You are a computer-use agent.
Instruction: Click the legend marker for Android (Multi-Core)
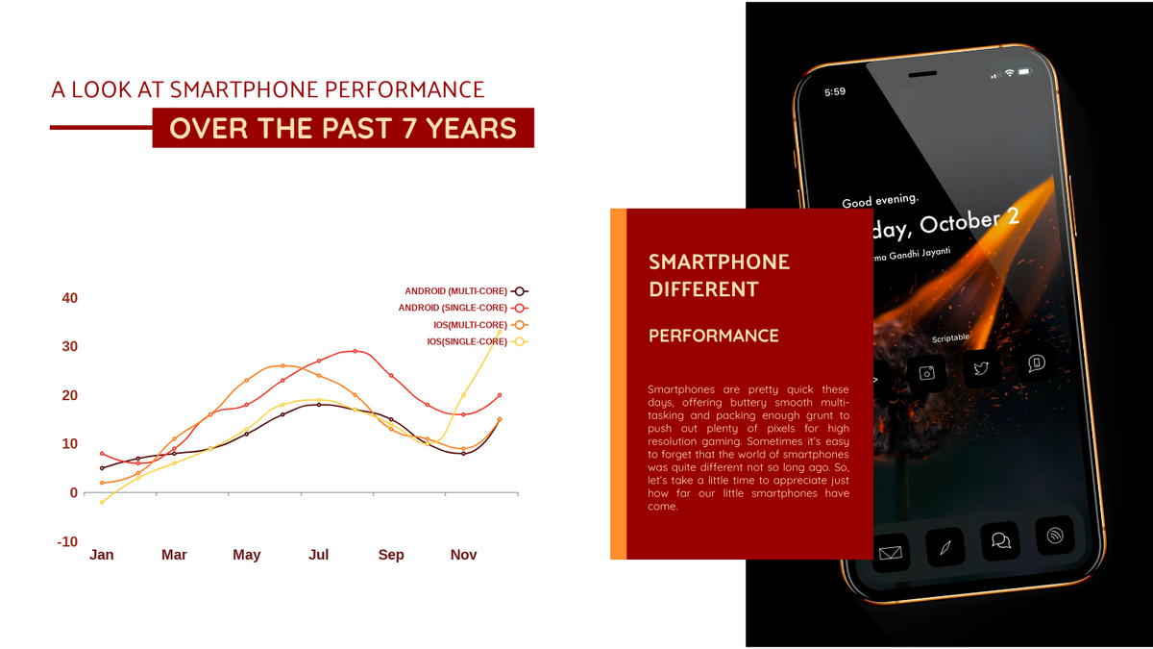[x=520, y=291]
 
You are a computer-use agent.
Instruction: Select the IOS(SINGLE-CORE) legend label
[x=467, y=341]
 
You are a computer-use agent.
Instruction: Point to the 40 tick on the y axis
[x=69, y=298]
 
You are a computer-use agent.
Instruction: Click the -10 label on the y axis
[x=67, y=541]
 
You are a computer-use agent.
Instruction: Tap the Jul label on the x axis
[x=319, y=555]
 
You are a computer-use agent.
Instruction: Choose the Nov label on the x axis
[x=463, y=555]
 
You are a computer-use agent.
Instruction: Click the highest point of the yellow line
[x=500, y=332]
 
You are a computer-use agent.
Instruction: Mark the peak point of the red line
[x=355, y=351]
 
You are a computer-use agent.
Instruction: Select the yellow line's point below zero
[x=102, y=502]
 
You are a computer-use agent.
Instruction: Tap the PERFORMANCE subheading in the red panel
[x=713, y=336]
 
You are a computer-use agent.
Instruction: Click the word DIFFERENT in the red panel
[x=703, y=289]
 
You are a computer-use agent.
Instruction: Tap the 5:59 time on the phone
[x=835, y=92]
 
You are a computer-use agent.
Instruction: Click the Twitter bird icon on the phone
[x=981, y=368]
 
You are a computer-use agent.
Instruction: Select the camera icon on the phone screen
[x=927, y=372]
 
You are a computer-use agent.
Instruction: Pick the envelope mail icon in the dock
[x=890, y=553]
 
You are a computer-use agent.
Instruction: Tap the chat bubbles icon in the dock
[x=1000, y=540]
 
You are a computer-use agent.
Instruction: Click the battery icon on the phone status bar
[x=1024, y=71]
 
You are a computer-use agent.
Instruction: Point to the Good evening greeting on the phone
[x=880, y=200]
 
